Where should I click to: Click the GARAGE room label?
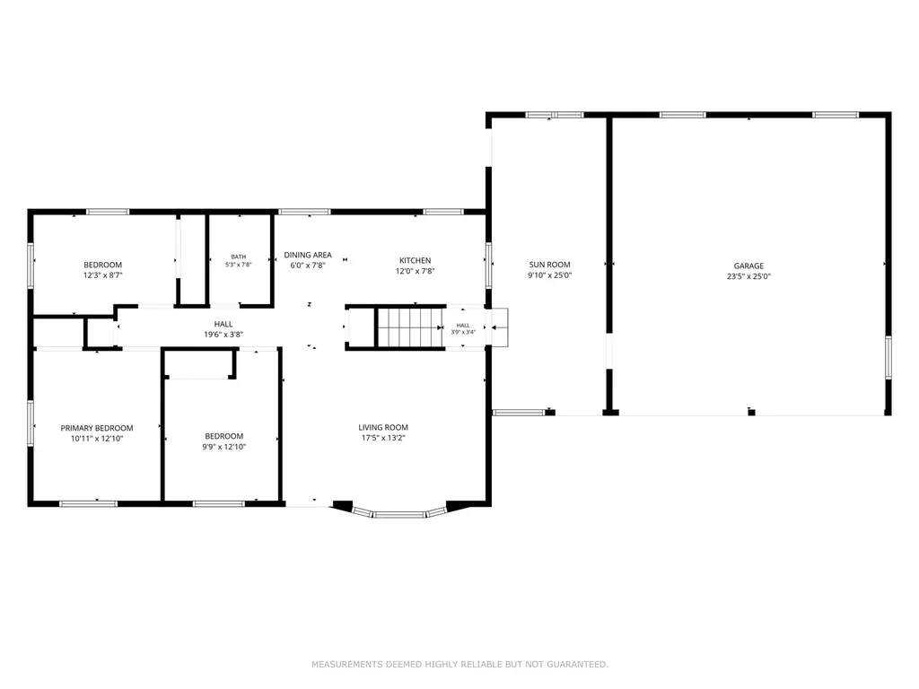click(748, 266)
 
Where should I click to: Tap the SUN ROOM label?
click(549, 265)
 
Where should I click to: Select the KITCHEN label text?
click(415, 260)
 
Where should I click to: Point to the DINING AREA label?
click(308, 255)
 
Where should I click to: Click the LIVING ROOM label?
click(383, 427)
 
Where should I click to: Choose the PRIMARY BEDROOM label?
click(97, 428)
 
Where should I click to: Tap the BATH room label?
click(239, 257)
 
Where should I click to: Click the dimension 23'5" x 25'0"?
click(748, 276)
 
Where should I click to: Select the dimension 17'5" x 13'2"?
click(383, 438)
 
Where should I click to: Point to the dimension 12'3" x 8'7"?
click(102, 275)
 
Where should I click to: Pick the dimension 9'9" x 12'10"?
click(223, 447)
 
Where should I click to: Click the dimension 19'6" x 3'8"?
click(223, 335)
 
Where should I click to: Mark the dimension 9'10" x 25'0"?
click(549, 275)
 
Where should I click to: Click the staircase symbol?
click(410, 327)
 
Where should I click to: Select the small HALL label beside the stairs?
click(463, 325)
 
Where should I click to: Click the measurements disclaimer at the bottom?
click(460, 664)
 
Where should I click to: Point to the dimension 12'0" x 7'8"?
click(415, 271)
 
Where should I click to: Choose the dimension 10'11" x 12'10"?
click(97, 438)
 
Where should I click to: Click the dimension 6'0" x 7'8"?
click(308, 266)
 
